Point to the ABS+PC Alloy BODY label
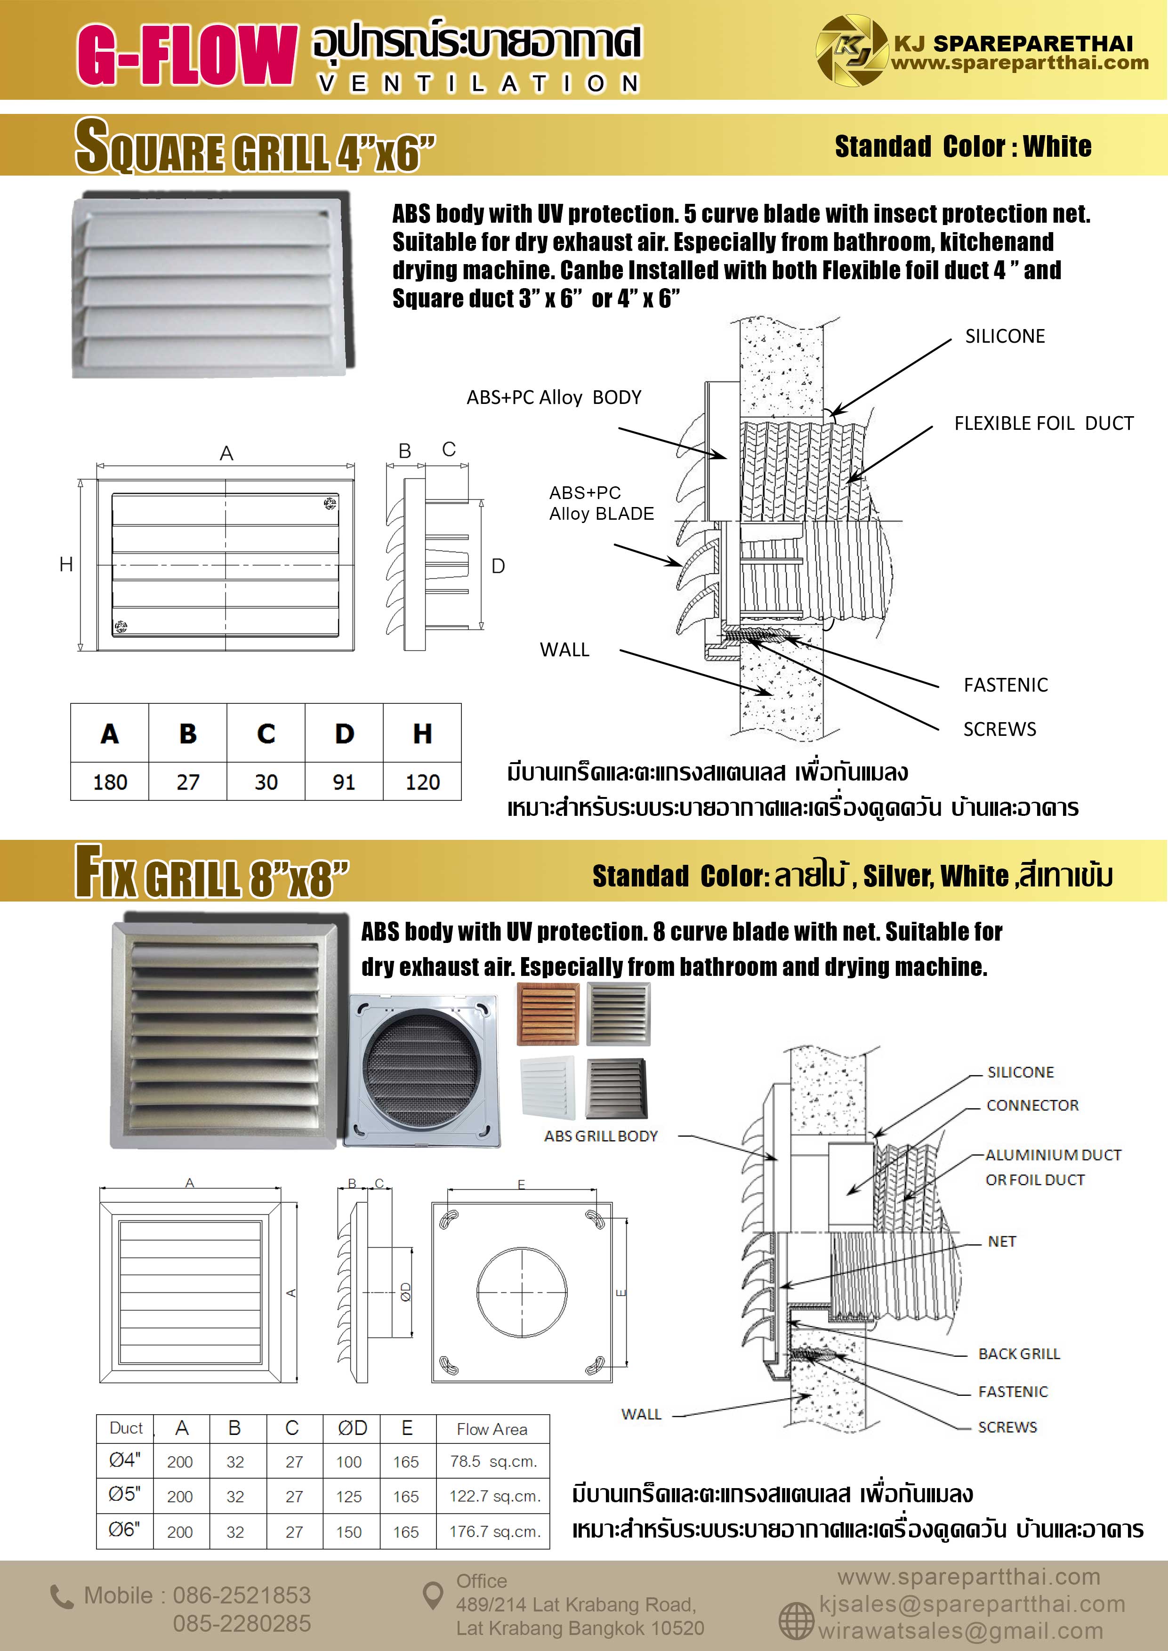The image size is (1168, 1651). point(554,398)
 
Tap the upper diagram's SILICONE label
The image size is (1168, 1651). point(1005,337)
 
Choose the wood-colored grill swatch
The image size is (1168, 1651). point(548,1014)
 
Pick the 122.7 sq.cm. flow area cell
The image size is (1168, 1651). point(494,1497)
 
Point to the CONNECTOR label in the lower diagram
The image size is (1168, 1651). point(1032,1105)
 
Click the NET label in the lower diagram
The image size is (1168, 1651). point(1001,1242)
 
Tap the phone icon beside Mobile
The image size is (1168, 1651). point(61,1597)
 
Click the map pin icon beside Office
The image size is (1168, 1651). point(432,1595)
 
